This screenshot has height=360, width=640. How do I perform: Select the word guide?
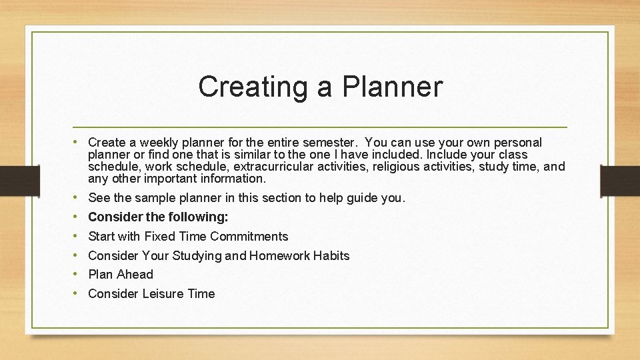click(x=363, y=198)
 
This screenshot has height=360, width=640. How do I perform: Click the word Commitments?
click(x=249, y=237)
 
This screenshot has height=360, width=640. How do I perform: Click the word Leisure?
click(x=165, y=294)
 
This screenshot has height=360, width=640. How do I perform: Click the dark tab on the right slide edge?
click(x=620, y=180)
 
